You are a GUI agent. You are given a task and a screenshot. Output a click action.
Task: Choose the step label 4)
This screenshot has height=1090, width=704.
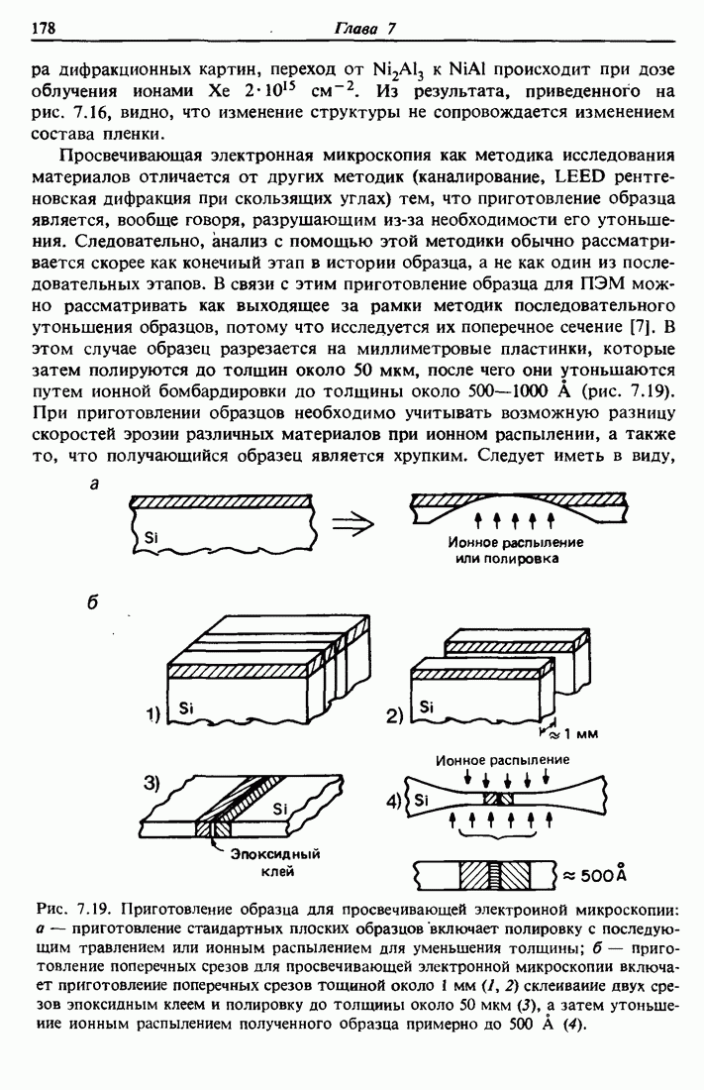395,800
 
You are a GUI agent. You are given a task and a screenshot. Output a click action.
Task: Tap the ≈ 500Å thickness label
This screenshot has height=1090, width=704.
596,875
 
